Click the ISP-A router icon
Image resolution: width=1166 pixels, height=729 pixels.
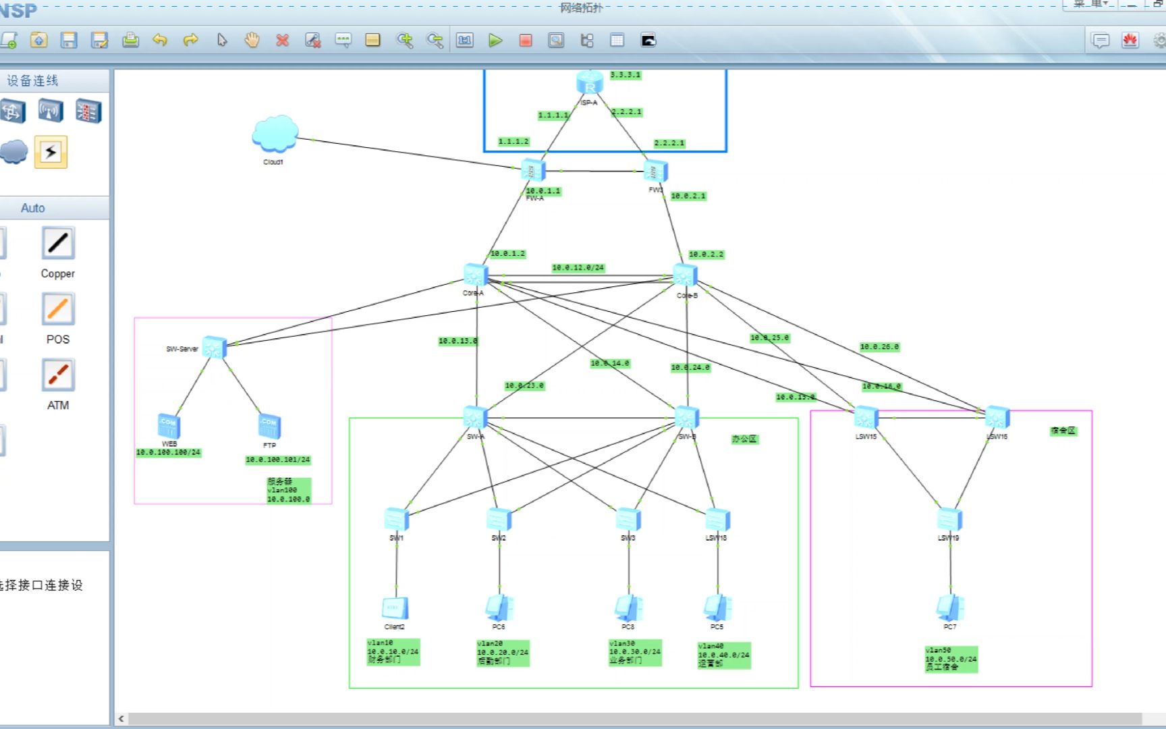coord(590,83)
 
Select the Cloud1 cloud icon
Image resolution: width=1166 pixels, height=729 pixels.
coord(275,134)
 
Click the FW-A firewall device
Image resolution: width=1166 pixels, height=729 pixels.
coord(533,171)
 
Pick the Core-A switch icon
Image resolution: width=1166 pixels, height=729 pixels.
coord(476,275)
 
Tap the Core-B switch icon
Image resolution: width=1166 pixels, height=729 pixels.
coord(685,275)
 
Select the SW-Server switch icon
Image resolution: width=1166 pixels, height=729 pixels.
coord(215,347)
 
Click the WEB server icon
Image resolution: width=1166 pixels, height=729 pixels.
coord(169,426)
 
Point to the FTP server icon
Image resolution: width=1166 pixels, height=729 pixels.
coord(269,426)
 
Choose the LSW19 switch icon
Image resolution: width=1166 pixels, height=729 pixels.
coord(949,519)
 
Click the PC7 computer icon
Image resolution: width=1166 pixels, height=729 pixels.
coord(950,607)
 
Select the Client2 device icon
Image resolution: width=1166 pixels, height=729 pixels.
coord(395,608)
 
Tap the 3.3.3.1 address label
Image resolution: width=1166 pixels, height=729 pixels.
coord(626,75)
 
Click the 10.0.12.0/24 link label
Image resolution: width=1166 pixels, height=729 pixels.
coord(578,268)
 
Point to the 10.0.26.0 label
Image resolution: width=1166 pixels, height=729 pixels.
coord(879,347)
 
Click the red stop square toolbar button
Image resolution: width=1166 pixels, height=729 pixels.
coord(526,40)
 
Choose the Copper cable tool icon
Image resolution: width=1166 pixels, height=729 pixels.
coord(58,244)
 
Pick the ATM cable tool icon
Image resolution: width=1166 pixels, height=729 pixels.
coord(58,375)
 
